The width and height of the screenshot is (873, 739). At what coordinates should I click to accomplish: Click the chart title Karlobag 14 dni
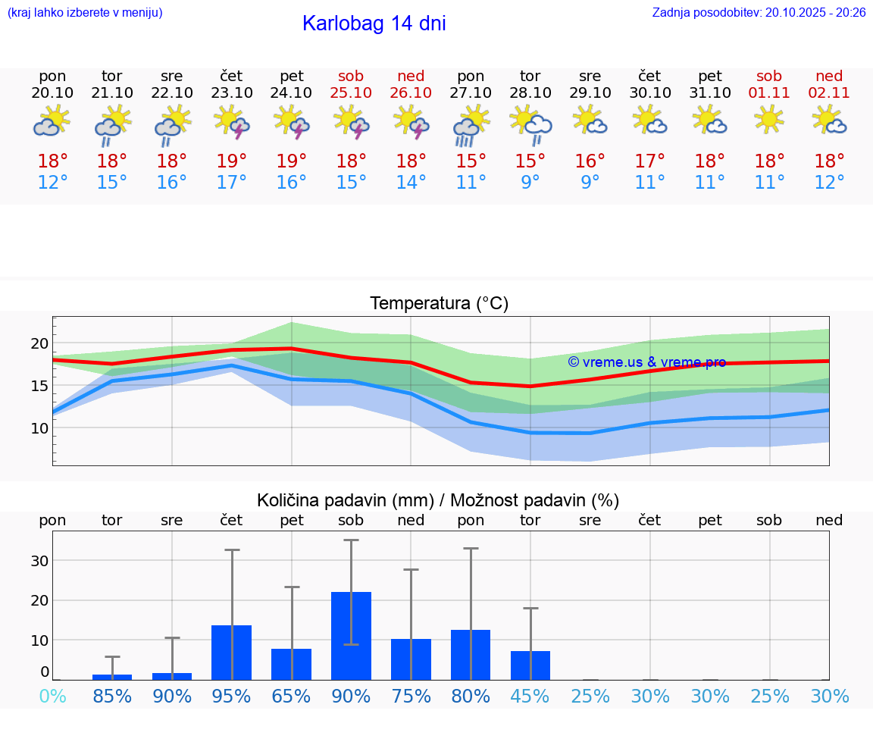coord(374,23)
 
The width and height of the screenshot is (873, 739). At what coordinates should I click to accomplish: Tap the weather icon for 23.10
coord(232,122)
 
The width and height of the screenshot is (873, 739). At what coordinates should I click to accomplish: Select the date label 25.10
coord(351,92)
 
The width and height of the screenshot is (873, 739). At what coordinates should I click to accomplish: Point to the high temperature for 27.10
coord(471,161)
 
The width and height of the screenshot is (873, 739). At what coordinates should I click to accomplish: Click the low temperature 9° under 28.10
coord(530,183)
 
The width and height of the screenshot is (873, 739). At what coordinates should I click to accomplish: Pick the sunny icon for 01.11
coord(769,119)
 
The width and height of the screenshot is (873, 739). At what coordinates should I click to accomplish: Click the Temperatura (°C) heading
coord(439,304)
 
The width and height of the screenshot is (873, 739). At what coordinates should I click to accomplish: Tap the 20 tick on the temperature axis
coord(39,343)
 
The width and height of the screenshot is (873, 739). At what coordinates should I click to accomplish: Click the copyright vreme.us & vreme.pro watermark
coord(646,362)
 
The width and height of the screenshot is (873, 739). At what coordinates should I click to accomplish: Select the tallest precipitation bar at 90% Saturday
coord(351,635)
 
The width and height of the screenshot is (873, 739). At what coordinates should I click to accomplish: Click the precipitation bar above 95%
coord(232,652)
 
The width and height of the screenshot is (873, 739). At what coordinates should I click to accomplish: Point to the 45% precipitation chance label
coord(530,696)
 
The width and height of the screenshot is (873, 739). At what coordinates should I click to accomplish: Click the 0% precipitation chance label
coord(52,696)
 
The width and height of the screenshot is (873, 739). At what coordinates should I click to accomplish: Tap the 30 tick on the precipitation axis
coord(39,561)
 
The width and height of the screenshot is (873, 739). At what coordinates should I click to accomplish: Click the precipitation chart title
coord(438,500)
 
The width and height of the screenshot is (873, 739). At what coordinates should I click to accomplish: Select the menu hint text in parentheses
coord(85,12)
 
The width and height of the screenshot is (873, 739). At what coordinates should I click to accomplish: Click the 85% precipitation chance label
coord(112,696)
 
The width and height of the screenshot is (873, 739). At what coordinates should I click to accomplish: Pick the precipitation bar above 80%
coord(471,654)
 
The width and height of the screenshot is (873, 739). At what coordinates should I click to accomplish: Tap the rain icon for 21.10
coord(112,126)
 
